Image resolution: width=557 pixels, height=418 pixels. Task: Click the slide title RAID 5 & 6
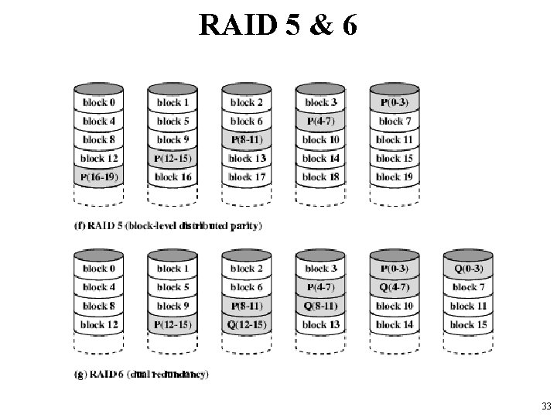click(278, 26)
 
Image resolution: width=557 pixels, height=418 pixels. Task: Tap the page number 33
click(546, 406)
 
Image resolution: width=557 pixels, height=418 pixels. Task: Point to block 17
click(245, 177)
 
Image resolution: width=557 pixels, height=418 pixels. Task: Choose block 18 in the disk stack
click(320, 177)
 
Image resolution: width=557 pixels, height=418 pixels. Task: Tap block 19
click(394, 177)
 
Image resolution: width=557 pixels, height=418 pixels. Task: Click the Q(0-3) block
click(469, 269)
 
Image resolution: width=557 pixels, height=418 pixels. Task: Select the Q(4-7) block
click(394, 287)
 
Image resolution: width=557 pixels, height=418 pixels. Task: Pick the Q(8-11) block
click(320, 306)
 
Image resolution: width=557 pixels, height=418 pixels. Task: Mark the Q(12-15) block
click(245, 324)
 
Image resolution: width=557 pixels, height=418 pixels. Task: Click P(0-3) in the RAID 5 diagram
click(394, 102)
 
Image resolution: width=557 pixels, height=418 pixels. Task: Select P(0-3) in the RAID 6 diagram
click(394, 269)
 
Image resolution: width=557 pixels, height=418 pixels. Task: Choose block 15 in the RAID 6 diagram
click(469, 324)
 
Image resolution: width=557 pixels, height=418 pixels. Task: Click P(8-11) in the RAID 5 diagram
click(245, 139)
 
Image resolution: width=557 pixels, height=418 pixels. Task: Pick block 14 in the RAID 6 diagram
click(394, 324)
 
